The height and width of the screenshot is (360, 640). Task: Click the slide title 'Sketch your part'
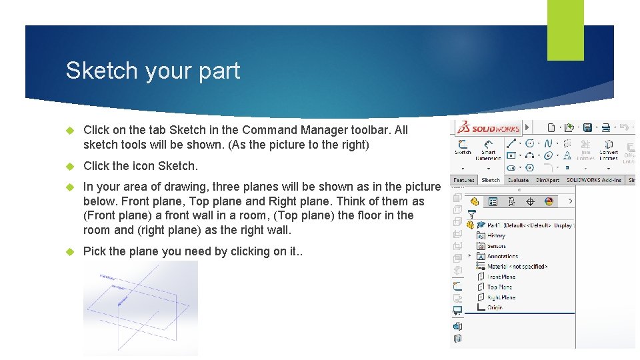coord(153,71)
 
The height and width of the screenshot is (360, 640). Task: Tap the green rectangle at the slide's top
coord(565,30)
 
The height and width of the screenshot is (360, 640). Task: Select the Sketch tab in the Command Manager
coord(491,180)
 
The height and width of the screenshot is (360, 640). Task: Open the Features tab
coord(463,180)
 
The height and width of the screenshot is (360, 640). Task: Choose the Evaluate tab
coord(518,180)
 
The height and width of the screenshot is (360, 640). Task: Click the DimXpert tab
coord(547,180)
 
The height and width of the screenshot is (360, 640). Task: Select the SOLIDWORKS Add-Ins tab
coord(593,180)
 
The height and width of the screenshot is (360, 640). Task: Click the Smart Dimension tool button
coord(489,149)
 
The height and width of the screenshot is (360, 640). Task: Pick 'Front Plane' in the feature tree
coord(501,277)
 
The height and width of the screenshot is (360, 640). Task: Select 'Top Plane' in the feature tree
coord(499,287)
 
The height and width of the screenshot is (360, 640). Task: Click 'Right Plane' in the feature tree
coord(501,297)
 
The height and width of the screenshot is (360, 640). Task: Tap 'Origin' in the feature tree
coord(495,308)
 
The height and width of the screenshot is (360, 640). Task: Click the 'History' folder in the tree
coord(496,235)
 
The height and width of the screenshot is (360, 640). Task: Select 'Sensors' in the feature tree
coord(496,246)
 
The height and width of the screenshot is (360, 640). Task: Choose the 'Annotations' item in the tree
coord(502,256)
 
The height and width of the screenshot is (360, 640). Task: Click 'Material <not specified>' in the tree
coord(517,267)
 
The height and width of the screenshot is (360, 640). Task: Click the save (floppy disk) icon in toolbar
coord(588,127)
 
